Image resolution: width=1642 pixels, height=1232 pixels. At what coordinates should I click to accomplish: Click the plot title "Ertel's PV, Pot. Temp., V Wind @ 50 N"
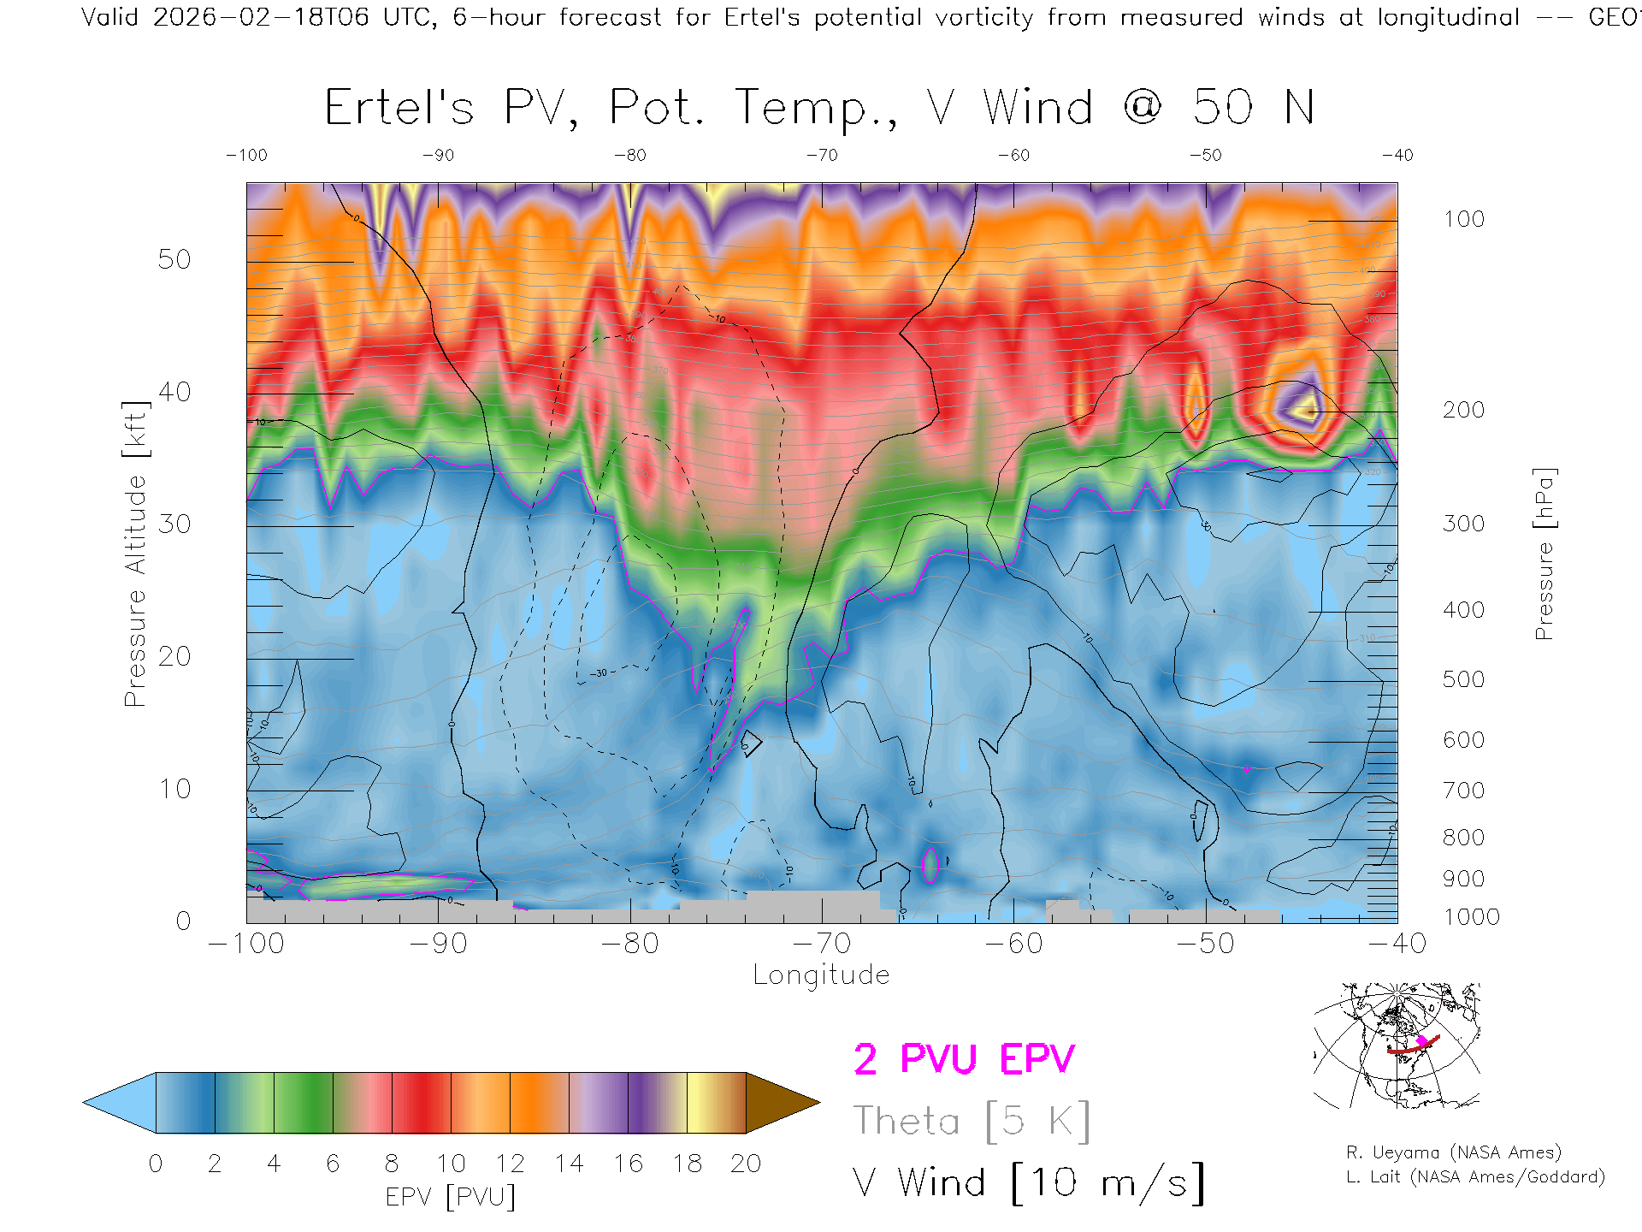819,108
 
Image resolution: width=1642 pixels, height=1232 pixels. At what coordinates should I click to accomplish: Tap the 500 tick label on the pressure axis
1463,679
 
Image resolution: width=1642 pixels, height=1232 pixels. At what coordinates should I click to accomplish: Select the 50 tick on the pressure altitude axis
174,260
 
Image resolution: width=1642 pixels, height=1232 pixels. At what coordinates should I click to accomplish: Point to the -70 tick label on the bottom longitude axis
822,944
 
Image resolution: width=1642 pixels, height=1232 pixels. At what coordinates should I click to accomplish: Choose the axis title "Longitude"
821,975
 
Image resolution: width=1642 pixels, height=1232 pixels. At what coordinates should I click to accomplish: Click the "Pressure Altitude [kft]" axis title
135,554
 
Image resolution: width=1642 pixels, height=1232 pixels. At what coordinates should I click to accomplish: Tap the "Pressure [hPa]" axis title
1544,554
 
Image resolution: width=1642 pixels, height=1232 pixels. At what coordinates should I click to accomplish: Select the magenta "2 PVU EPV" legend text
964,1059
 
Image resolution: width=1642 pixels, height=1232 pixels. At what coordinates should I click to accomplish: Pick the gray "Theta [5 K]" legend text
972,1121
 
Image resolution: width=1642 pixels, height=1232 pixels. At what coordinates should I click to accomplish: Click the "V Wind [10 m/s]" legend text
1029,1183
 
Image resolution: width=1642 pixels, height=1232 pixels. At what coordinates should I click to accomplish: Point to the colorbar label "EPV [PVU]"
451,1197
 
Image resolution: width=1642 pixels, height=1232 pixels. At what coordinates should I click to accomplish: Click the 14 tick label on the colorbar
569,1164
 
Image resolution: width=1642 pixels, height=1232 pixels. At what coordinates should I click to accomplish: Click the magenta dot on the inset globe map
1422,1041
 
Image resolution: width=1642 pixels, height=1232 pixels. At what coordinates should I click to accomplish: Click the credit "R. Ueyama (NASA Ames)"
1454,1152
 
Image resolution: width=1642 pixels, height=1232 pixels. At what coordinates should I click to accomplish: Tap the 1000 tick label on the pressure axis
1471,917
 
